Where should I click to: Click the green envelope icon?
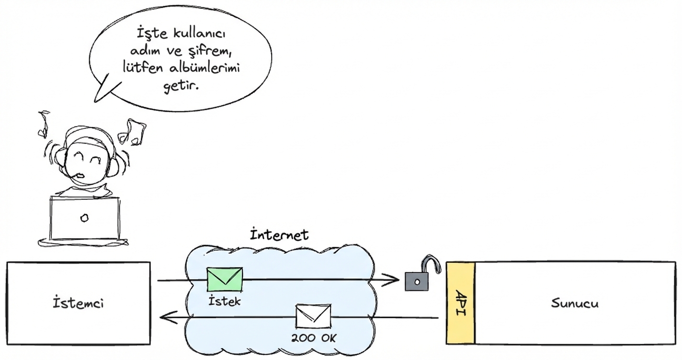225,280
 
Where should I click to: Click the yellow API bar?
460,303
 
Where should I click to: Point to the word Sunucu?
574,303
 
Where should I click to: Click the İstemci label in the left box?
79,303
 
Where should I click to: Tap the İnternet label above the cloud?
280,235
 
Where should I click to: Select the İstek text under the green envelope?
225,302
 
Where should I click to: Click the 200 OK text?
314,338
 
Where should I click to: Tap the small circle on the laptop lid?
84,218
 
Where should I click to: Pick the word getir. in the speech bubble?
181,87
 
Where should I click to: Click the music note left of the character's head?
43,122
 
